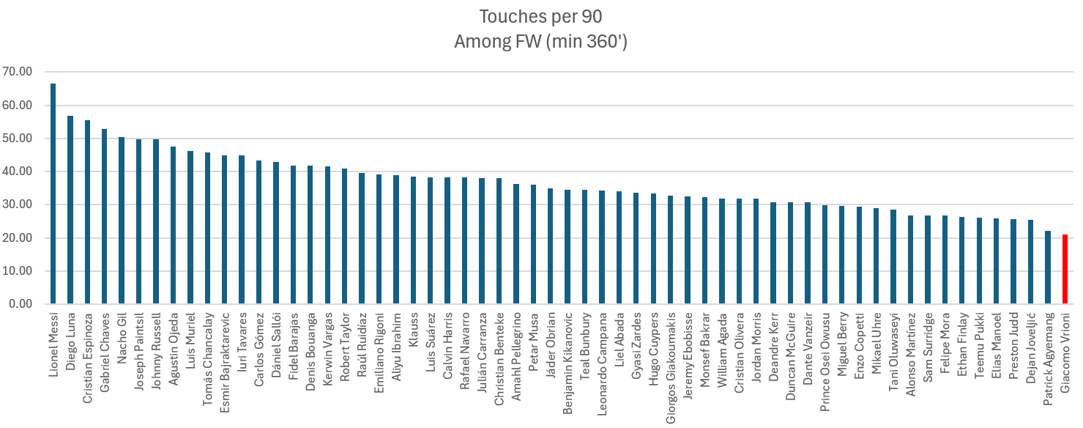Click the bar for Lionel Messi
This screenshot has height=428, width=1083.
(53, 194)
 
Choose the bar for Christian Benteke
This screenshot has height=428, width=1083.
(499, 241)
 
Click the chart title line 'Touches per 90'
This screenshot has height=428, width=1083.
(540, 17)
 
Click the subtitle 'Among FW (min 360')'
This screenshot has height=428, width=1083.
(540, 42)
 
